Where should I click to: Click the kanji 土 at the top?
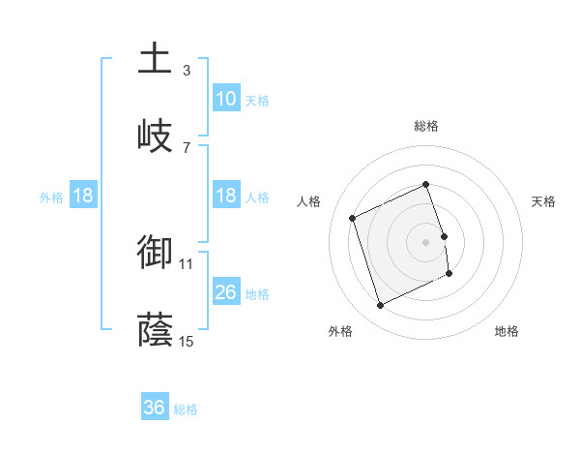coord(155,59)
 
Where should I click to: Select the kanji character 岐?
coord(155,135)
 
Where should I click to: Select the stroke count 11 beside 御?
coord(187,262)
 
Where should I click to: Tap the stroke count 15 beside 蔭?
coord(187,340)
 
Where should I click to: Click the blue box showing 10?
coord(226,99)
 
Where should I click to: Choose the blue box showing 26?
coord(226,292)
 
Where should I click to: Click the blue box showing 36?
coord(155,408)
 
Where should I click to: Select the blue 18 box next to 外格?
coord(83,196)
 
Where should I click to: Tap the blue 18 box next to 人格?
coord(226,196)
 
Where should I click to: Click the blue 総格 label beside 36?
coord(186,409)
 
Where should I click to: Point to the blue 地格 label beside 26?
coord(257,293)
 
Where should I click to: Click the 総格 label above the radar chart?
coord(425,127)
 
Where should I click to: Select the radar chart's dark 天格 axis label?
coord(544,201)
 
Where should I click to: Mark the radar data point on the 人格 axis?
coord(354,218)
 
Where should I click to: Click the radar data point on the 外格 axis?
coord(381,306)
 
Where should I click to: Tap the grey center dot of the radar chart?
coord(425,242)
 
